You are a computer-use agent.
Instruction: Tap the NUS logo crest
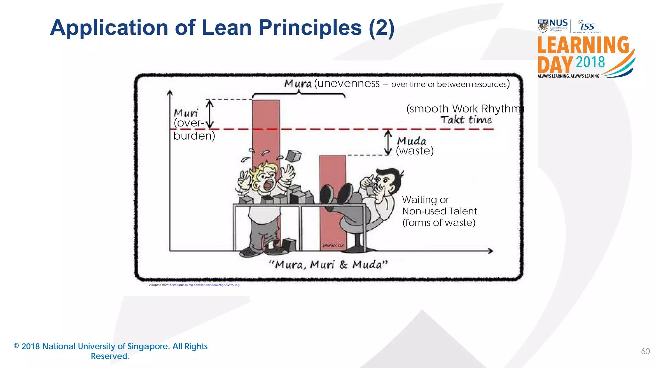coord(543,26)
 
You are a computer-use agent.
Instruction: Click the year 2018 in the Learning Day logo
coord(590,62)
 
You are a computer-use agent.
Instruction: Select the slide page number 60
coord(645,351)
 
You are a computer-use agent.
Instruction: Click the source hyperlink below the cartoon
coord(204,285)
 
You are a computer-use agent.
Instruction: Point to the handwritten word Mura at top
coord(298,84)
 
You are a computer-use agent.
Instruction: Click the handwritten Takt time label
coord(466,120)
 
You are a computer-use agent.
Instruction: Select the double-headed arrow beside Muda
coord(388,142)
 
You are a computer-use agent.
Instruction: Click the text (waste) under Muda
coord(414,151)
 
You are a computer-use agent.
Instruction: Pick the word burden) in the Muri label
coord(194,136)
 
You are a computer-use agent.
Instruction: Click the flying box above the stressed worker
coord(294,156)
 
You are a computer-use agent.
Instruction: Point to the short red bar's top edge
coord(332,156)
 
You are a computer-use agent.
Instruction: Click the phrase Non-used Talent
coord(439,211)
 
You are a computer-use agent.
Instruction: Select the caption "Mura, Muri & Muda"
coord(328,265)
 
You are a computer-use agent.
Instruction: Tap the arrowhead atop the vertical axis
coord(170,93)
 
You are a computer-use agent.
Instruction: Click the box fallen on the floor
coord(289,245)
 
